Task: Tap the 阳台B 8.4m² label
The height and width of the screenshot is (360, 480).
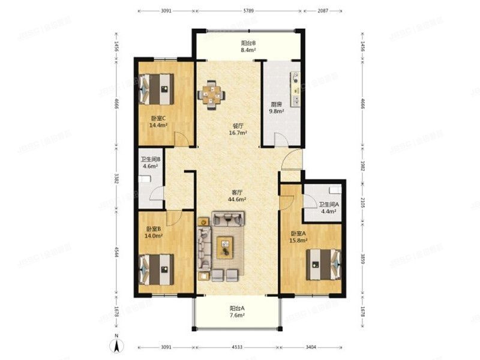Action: [x=248, y=47]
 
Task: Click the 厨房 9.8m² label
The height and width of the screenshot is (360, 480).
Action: [x=276, y=108]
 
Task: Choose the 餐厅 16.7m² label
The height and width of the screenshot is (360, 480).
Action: [x=238, y=130]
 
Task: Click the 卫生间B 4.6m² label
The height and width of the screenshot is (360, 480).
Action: [x=149, y=163]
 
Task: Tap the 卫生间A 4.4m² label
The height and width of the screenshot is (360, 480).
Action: [x=328, y=208]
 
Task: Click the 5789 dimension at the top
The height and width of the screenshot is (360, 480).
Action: [x=248, y=11]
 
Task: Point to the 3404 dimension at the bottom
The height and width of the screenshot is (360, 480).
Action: [x=311, y=347]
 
